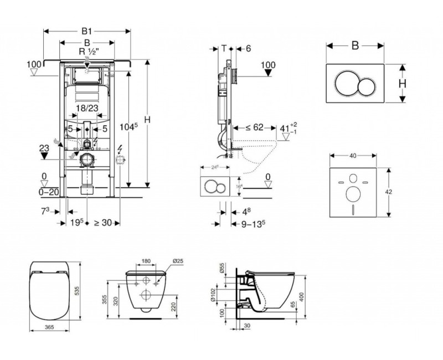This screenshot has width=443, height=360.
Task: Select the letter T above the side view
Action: [x=224, y=48]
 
